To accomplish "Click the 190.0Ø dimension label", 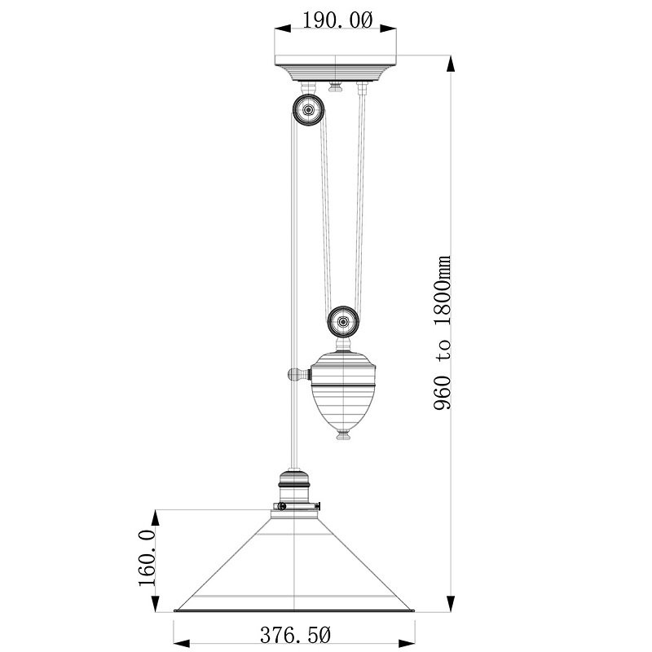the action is (x=337, y=20).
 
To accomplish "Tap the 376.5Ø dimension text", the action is (x=296, y=635).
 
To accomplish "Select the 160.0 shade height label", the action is (x=148, y=558).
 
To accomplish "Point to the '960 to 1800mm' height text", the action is (x=442, y=333).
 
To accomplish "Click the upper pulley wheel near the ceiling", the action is (x=308, y=110).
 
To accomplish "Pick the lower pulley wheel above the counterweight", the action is (x=343, y=321).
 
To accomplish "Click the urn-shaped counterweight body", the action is (x=343, y=390).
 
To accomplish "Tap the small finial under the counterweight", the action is (x=343, y=435).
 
